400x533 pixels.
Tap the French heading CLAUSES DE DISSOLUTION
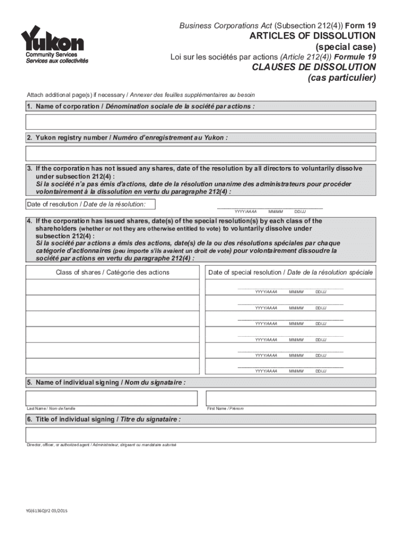314,67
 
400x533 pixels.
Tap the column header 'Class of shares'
112,272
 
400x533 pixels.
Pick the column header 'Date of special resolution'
290,272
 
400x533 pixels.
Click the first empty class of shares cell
112,287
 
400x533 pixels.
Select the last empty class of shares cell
112,366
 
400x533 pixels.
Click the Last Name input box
112,398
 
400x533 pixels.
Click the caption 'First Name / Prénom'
225,409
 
